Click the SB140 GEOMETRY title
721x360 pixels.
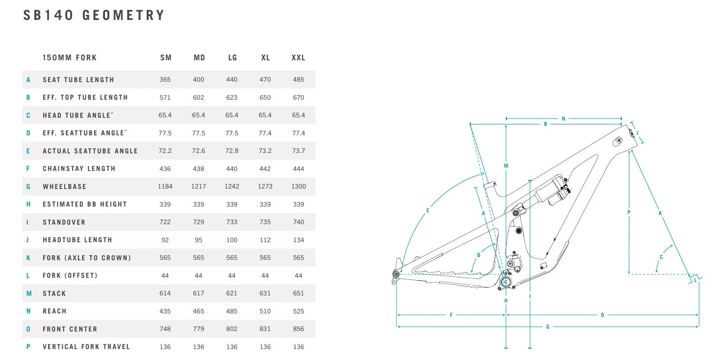pos(94,15)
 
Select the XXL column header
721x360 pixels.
pos(298,57)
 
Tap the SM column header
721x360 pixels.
pos(166,57)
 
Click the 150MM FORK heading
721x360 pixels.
pos(69,57)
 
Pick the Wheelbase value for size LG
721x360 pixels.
pos(232,186)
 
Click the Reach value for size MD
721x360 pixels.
pos(198,311)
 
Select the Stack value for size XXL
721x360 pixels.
pos(298,293)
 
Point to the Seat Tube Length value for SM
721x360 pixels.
pos(165,79)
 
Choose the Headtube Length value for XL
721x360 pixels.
pos(265,240)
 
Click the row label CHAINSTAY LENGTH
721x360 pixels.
pos(79,169)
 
